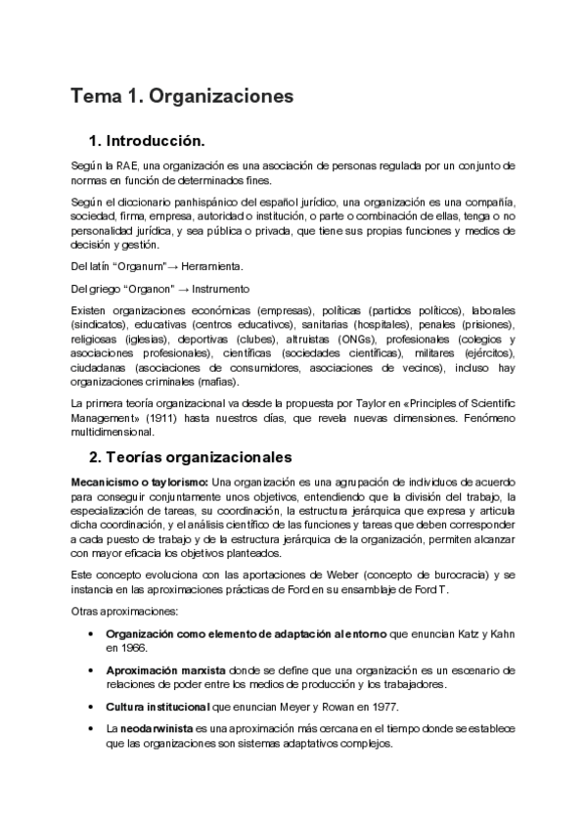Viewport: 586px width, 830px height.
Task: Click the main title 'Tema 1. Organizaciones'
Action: (x=182, y=97)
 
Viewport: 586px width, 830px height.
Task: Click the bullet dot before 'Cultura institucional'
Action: (x=91, y=707)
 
